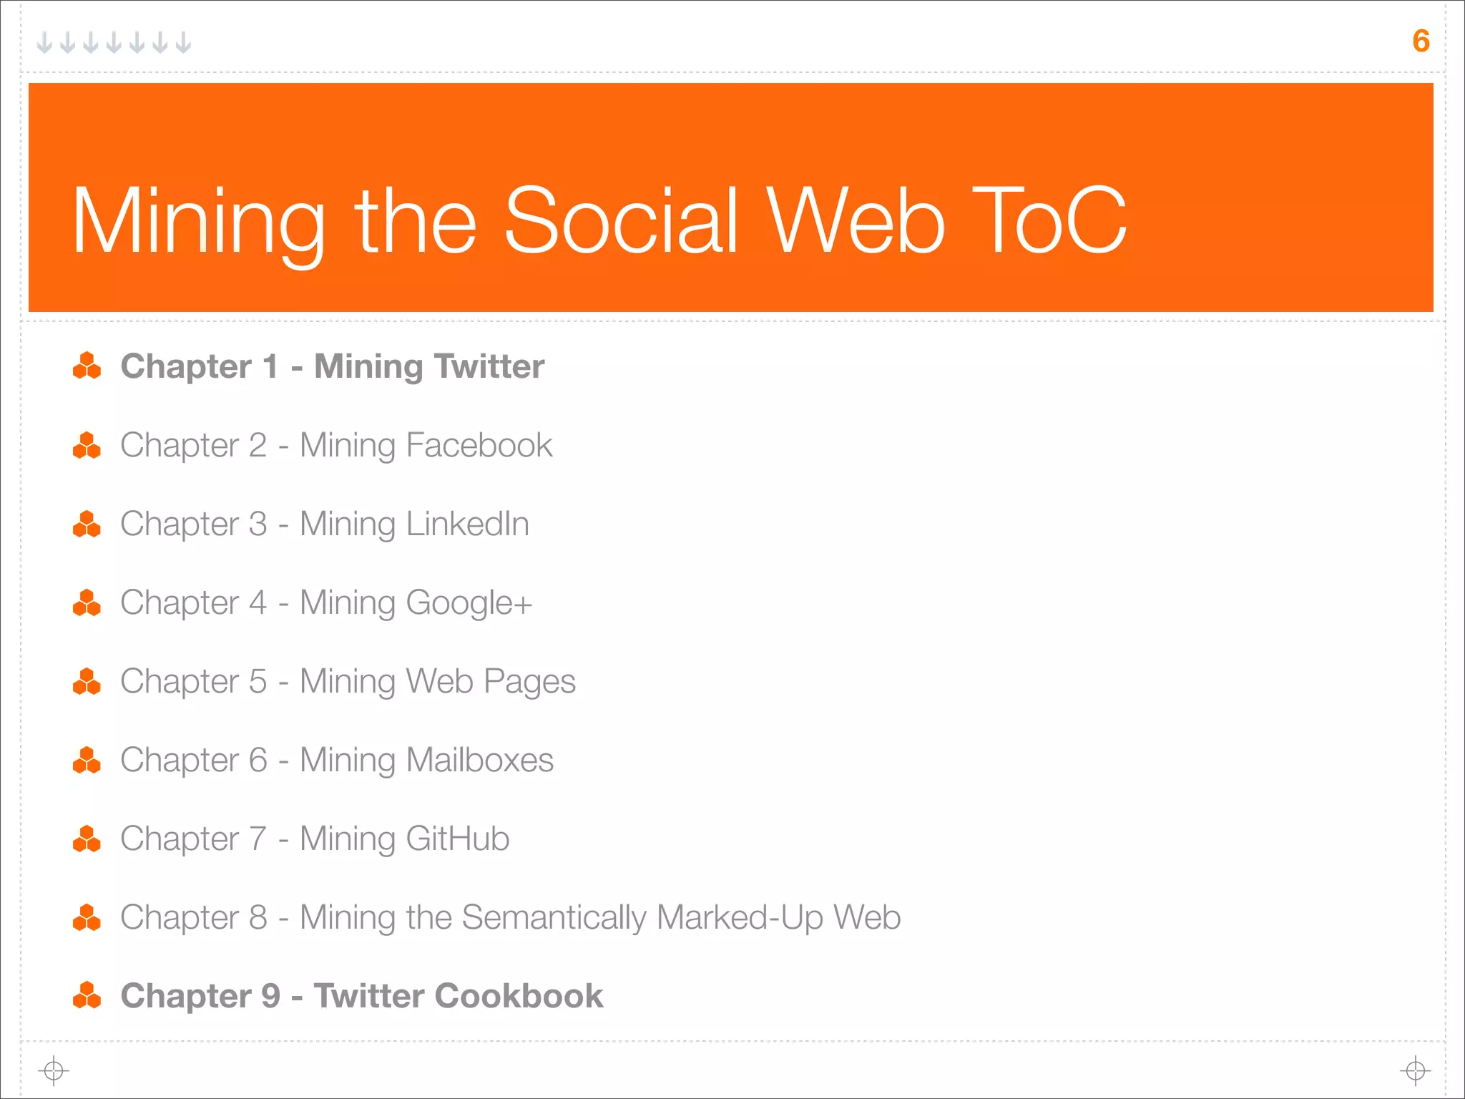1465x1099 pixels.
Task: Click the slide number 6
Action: pos(1421,41)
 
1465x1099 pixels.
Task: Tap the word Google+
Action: pos(469,604)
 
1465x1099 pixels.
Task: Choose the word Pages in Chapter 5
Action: pos(529,683)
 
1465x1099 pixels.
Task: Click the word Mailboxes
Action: pos(480,760)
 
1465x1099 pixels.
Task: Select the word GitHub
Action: pos(458,839)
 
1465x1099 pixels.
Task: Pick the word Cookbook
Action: pos(519,996)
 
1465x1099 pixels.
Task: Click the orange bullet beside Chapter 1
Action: pos(87,366)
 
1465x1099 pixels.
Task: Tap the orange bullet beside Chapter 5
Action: pos(87,682)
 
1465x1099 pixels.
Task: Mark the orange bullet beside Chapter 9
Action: pos(87,995)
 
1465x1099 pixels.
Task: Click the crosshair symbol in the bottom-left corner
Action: pos(54,1071)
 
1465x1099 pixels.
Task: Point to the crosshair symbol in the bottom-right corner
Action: pos(1415,1071)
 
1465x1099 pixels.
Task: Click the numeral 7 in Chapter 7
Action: pos(258,839)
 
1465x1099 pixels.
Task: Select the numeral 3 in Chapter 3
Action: pos(258,524)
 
